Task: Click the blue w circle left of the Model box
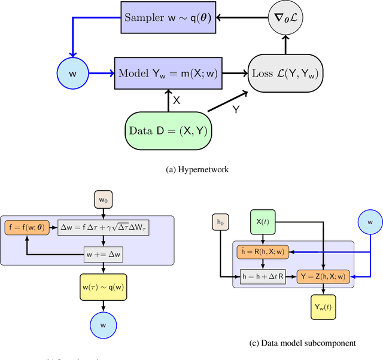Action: (x=73, y=74)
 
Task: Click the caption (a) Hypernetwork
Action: (x=190, y=170)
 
